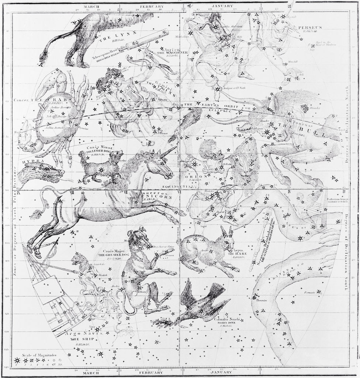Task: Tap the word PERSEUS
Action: click(310, 27)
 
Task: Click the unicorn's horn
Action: click(168, 152)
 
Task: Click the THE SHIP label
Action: click(78, 340)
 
